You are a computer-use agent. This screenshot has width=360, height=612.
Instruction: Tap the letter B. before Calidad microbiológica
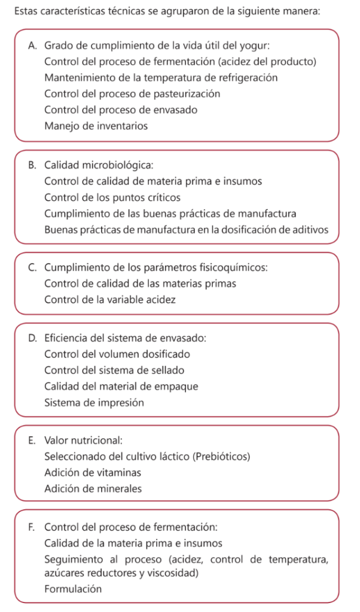click(x=32, y=164)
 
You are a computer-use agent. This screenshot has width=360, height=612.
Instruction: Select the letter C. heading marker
click(x=32, y=267)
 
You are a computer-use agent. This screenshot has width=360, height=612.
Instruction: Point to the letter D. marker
click(x=32, y=338)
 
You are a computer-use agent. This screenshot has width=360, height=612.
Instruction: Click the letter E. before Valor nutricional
click(x=32, y=440)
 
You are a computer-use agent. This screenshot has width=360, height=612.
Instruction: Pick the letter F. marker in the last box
click(x=32, y=527)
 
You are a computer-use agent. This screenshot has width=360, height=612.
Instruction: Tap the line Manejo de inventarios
click(x=96, y=126)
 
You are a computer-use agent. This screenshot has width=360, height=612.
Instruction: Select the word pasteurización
click(x=189, y=94)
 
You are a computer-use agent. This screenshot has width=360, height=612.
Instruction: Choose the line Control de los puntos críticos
click(x=112, y=197)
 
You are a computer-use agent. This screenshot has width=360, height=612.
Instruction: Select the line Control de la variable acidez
click(x=110, y=299)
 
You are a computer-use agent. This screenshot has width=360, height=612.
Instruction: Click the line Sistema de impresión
click(x=94, y=402)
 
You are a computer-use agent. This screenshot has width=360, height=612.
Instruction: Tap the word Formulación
click(x=73, y=589)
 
